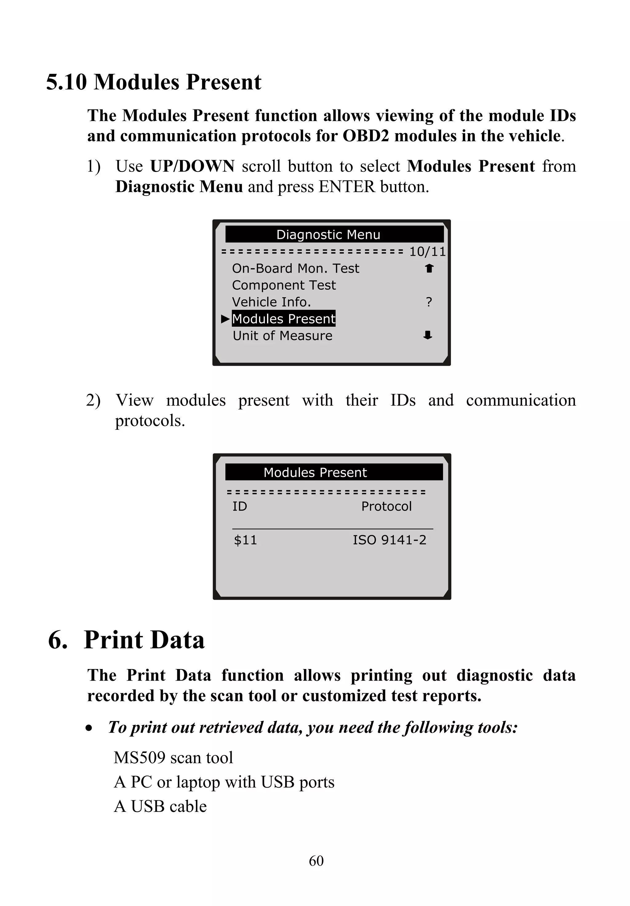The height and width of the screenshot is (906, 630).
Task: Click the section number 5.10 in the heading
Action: [x=66, y=82]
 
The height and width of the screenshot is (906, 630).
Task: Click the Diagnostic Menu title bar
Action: [x=334, y=234]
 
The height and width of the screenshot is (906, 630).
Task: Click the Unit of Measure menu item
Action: [x=282, y=336]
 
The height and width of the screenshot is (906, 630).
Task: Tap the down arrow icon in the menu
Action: [x=428, y=336]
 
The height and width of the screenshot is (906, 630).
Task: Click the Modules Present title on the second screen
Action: [x=315, y=472]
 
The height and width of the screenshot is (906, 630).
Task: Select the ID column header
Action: [x=240, y=506]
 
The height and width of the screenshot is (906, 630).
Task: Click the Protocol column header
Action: [x=386, y=506]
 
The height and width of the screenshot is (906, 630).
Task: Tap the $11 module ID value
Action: [x=245, y=540]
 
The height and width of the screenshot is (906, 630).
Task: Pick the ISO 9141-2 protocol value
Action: [x=389, y=540]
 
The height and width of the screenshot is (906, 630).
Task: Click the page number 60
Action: [x=316, y=860]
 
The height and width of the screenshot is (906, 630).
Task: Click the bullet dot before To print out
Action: [x=89, y=728]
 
